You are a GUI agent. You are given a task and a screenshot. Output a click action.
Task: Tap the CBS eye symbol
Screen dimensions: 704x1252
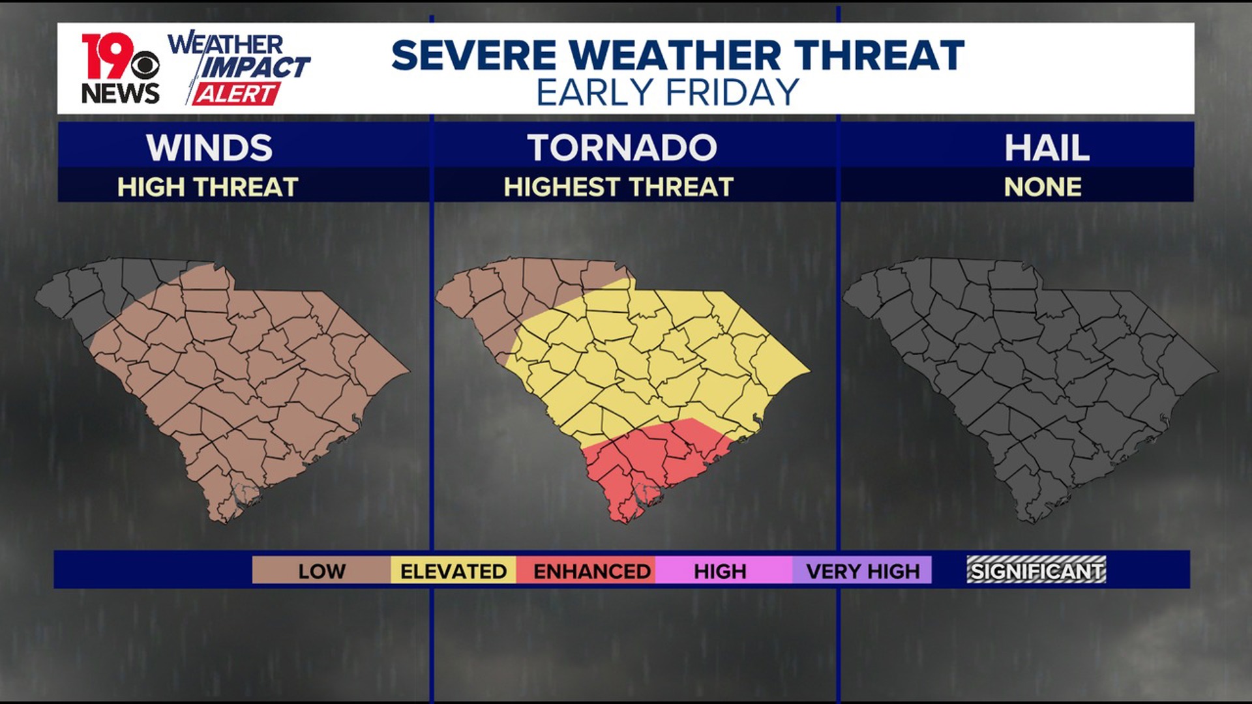tap(145, 65)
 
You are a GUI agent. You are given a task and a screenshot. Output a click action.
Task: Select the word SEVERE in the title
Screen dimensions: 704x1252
tap(474, 55)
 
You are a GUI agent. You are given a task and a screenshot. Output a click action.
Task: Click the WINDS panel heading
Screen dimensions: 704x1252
tap(209, 148)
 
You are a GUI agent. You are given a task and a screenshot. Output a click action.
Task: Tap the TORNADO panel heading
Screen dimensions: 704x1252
tap(621, 148)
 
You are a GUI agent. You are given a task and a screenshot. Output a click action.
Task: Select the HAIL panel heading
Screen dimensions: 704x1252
tap(1047, 148)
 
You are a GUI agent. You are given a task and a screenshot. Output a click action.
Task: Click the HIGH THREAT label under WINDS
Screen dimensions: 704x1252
tap(207, 188)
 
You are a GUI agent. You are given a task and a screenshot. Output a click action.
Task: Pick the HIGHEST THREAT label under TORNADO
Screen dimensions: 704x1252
tap(618, 188)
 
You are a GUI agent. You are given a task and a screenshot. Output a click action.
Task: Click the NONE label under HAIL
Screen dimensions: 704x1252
tap(1043, 188)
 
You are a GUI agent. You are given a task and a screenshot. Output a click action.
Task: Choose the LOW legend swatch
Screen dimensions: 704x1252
tap(321, 571)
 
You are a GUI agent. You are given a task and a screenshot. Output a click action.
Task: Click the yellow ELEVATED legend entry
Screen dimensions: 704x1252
tap(453, 571)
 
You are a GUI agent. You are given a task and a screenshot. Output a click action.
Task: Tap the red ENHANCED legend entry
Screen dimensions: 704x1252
tap(591, 571)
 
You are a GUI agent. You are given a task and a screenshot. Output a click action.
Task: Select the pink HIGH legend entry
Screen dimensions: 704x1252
tap(720, 571)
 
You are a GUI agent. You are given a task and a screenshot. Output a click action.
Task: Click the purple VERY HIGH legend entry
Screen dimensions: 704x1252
tap(862, 571)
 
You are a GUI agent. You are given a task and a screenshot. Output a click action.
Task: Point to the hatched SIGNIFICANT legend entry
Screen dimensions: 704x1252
tap(1036, 570)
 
